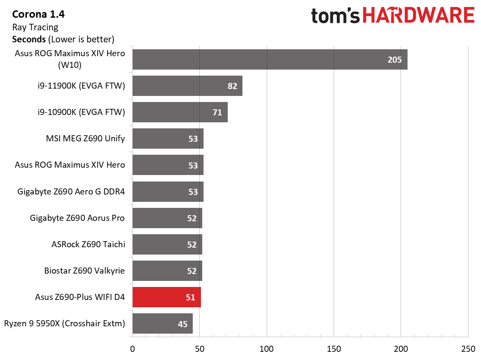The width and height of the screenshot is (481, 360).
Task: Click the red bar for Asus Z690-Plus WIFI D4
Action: tap(166, 297)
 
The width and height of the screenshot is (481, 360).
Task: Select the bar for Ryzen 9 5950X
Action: tap(162, 324)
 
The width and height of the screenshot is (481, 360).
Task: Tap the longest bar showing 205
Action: tap(270, 60)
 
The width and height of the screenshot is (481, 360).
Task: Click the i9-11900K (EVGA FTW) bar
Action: tap(187, 86)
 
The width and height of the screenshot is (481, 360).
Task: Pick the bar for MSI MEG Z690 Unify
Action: tap(168, 139)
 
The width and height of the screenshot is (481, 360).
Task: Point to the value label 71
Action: tap(217, 112)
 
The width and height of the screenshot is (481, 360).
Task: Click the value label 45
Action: tap(182, 324)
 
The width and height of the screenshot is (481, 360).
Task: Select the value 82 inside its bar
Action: tap(232, 86)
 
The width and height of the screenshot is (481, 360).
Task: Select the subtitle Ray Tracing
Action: tap(35, 27)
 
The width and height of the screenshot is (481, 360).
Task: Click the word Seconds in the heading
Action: tap(29, 39)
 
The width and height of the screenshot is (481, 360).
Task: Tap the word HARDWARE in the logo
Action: tap(418, 16)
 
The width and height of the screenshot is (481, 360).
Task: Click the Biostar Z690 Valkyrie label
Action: tap(84, 271)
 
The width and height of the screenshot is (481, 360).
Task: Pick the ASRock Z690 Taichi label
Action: tap(88, 244)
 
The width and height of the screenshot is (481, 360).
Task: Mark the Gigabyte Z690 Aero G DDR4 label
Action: tap(71, 191)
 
